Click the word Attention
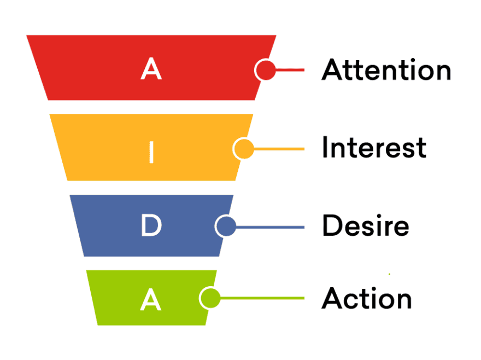coord(386,69)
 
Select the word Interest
coord(374,147)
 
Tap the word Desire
coord(366,225)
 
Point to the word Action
coord(367,298)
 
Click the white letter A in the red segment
coord(151,69)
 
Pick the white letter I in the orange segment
coord(151,152)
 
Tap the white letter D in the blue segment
coord(151,225)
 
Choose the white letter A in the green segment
coord(151,299)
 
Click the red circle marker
coord(265,69)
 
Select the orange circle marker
coord(244,149)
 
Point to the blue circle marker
coord(226,226)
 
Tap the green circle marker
coord(210,298)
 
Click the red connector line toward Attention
coord(290,70)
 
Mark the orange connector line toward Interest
coord(279,149)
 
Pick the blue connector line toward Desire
coord(270,227)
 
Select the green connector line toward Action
coord(262,298)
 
